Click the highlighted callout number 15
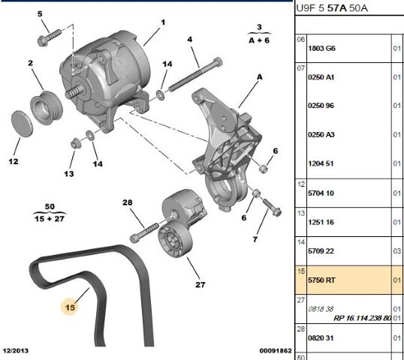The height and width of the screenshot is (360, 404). (70, 306)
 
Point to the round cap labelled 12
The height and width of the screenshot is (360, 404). (23, 124)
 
